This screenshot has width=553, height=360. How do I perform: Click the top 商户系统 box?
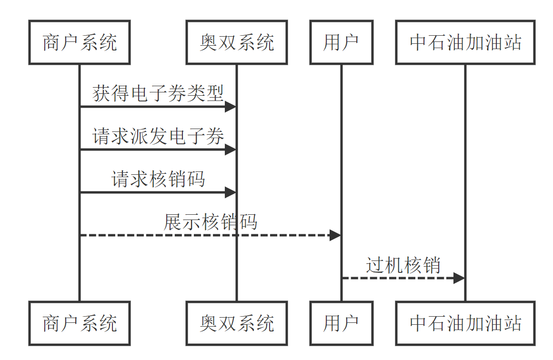click(80, 42)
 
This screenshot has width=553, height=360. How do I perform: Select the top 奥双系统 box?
click(237, 42)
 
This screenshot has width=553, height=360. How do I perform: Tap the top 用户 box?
click(341, 42)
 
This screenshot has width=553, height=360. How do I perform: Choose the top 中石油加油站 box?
click(465, 42)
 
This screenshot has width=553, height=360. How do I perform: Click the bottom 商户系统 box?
click(80, 323)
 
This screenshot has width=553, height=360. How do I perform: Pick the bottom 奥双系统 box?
click(237, 323)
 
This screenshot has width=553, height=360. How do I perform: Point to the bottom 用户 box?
click(341, 323)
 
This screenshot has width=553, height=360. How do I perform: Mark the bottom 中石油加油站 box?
click(465, 323)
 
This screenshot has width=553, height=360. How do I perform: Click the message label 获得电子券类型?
click(158, 93)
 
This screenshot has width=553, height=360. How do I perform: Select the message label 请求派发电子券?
click(158, 136)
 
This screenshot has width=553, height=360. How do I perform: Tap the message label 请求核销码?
click(158, 179)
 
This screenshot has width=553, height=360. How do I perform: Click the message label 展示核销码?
click(211, 222)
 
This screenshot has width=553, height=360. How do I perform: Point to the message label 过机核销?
click(403, 265)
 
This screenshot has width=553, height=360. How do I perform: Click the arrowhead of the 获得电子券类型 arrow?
click(231, 107)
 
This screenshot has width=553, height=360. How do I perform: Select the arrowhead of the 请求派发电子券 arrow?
click(231, 150)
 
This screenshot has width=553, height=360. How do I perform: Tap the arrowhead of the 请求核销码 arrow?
click(231, 192)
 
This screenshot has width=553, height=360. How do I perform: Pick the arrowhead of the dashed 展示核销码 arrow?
click(335, 235)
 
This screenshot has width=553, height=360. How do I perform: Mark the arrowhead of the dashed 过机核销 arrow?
click(459, 278)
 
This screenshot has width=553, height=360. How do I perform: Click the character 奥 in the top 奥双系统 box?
click(209, 42)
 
